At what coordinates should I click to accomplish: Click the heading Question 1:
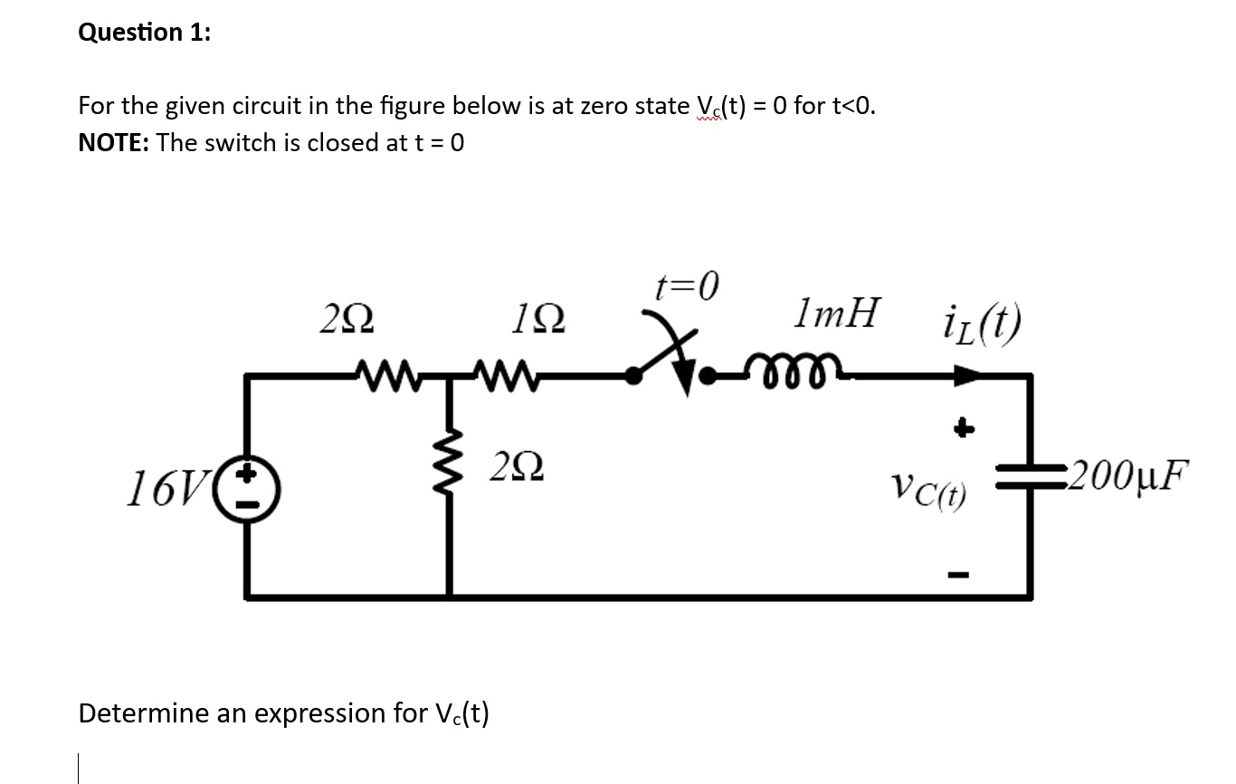click(x=145, y=33)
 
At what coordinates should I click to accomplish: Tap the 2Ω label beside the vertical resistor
click(x=518, y=469)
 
